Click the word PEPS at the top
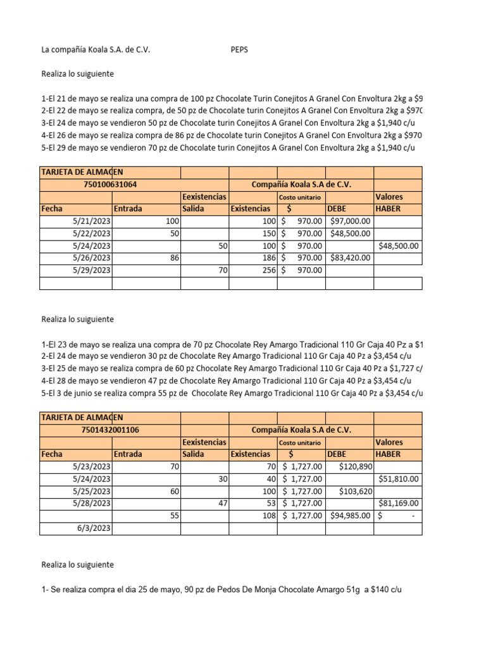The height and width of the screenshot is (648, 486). [239, 50]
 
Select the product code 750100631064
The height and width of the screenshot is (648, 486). [110, 184]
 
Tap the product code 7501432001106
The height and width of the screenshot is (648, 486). [110, 430]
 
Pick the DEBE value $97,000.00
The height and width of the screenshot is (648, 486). [350, 221]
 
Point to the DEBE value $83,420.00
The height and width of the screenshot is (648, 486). [350, 258]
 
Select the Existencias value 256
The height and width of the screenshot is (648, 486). [268, 270]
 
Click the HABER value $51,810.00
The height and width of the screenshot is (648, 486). [398, 479]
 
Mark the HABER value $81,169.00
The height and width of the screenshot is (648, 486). [398, 504]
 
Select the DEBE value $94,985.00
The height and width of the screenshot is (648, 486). [350, 516]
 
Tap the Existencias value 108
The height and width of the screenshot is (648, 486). [268, 516]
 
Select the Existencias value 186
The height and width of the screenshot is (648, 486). [268, 258]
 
